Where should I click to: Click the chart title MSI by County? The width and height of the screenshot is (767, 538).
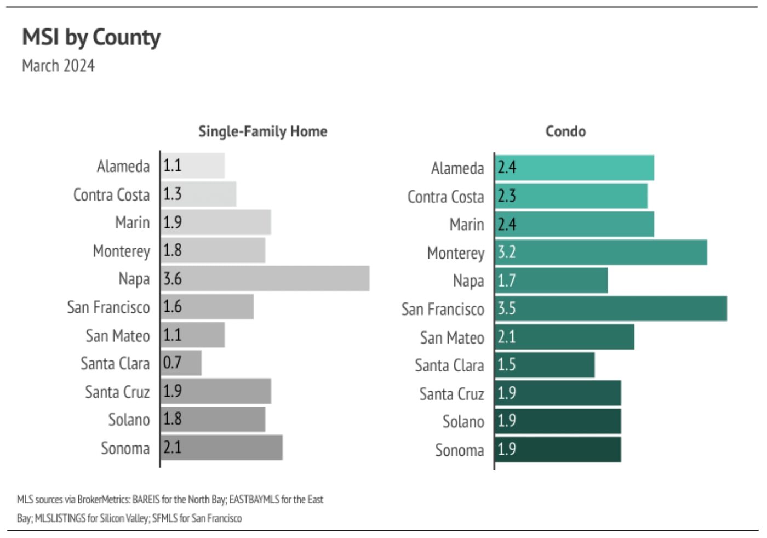(91, 37)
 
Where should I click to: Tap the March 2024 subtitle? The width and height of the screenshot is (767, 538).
(58, 66)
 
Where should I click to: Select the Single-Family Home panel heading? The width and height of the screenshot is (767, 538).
(262, 131)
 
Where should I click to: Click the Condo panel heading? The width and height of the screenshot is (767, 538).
(565, 131)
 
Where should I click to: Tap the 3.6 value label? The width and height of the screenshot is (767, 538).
(172, 278)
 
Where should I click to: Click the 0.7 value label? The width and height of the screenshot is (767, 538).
(172, 363)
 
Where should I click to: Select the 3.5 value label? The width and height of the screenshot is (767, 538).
(506, 308)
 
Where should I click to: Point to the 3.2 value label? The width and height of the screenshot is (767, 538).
(506, 252)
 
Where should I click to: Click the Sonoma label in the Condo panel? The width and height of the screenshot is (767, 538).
(459, 450)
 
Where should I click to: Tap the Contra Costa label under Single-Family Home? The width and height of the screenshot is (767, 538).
(111, 195)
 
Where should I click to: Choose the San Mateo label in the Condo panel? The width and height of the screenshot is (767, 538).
(452, 337)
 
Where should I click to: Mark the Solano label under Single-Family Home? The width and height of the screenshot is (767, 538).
(129, 420)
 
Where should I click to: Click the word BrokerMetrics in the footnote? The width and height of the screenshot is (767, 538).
(104, 500)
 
